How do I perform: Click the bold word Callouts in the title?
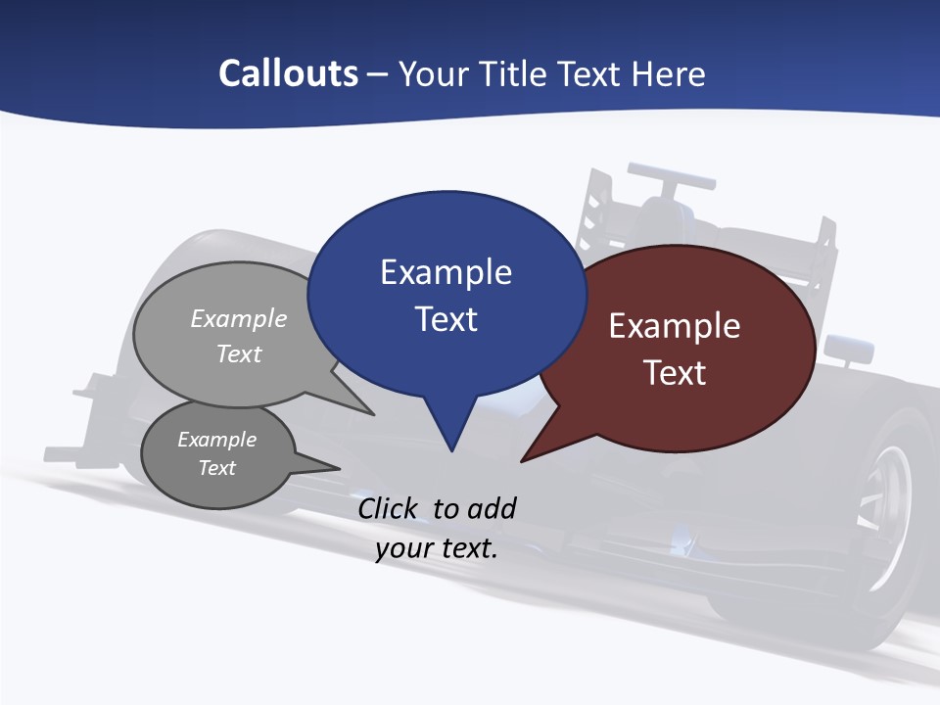288,73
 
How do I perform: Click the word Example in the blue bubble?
446,272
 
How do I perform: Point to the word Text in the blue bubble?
446,319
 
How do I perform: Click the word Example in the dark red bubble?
675,326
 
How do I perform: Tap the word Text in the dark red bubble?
675,373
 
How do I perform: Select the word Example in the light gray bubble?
239,319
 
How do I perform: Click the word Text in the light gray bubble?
239,353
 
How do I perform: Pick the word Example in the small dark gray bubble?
216,440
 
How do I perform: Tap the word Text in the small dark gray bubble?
216,468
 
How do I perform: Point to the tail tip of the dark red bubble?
523,459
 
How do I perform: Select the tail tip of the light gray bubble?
372,414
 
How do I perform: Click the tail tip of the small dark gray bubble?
339,468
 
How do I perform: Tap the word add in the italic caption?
491,508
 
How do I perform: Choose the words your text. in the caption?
437,548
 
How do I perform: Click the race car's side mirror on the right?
848,349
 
